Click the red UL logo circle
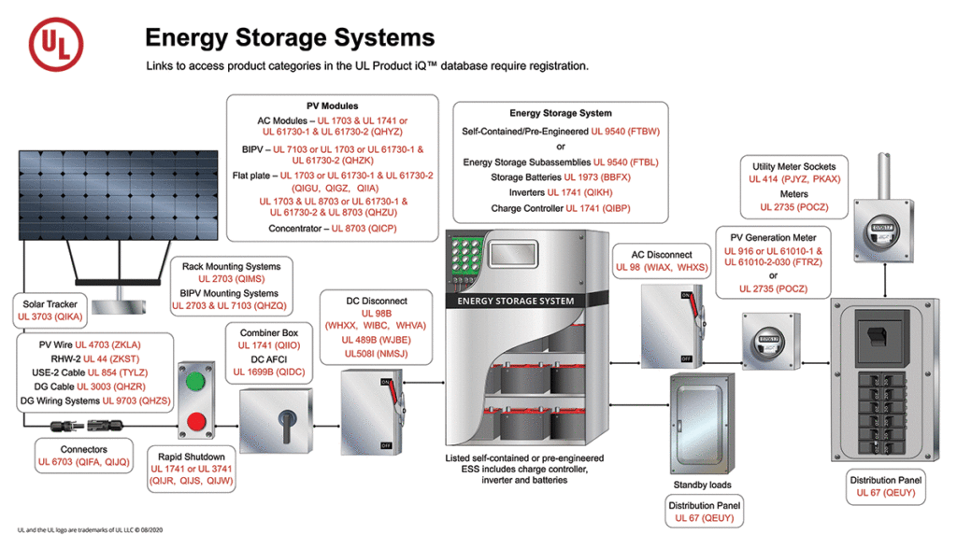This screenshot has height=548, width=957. click(x=56, y=44)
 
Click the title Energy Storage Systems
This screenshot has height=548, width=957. click(x=289, y=37)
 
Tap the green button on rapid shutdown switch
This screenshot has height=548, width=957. click(x=194, y=383)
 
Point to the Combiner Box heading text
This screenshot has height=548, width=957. click(x=269, y=332)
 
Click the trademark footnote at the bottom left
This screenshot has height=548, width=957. click(x=89, y=529)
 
